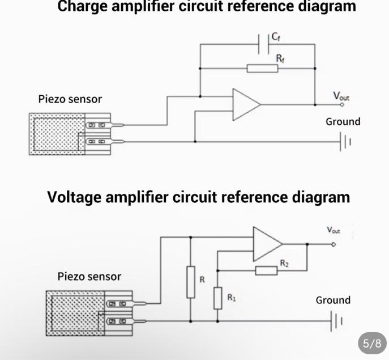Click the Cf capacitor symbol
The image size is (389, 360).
pos(263,44)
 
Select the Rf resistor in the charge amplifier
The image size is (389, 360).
pos(262,69)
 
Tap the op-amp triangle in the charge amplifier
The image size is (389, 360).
pos(245,104)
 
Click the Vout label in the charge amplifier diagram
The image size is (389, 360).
pos(341,97)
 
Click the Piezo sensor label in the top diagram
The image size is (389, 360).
pos(70,99)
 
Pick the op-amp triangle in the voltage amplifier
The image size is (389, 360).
pos(266,244)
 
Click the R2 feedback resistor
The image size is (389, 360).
pos(266,270)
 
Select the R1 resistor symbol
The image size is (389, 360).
pos(218,298)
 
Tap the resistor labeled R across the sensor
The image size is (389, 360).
pos(191,282)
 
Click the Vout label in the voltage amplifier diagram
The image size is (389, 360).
pos(334,230)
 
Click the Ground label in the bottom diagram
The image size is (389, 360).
pos(333,300)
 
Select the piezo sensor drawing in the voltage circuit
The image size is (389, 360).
pos(89,312)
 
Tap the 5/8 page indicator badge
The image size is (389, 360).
pos(372,343)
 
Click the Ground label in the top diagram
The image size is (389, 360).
pos(343,122)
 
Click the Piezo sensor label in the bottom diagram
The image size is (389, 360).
pos(89,277)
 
